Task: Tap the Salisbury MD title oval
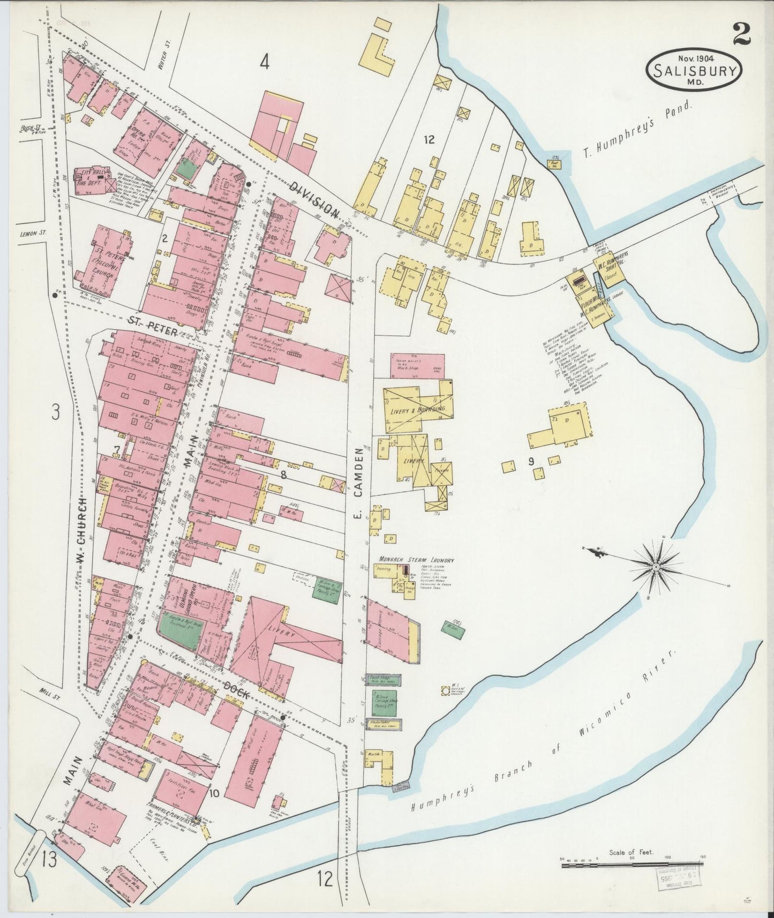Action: [x=694, y=70]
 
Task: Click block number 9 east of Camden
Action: [x=531, y=460]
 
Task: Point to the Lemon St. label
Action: [x=33, y=233]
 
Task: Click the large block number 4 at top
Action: [x=265, y=62]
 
